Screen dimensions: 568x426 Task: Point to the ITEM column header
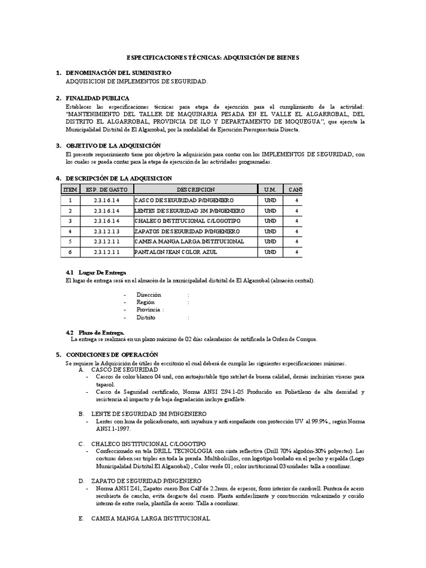70,189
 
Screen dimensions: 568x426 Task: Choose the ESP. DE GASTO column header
106,189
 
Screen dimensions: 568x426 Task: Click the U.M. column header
270,189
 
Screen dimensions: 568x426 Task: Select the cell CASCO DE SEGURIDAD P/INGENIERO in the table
184,200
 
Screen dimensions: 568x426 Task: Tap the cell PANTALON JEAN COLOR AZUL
176,252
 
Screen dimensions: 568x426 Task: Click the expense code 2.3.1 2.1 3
106,231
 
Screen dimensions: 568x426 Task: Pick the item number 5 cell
70,242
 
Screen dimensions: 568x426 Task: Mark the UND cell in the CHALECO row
270,221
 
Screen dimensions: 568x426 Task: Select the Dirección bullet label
148,295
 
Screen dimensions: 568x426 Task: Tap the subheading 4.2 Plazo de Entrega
95,332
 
